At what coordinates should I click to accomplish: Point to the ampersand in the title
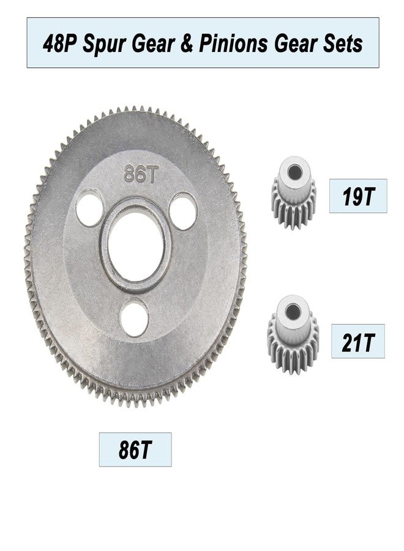pyautogui.click(x=187, y=44)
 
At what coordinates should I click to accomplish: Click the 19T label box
pyautogui.click(x=358, y=196)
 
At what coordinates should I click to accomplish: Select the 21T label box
pyautogui.click(x=358, y=341)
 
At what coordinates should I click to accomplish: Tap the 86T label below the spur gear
pyautogui.click(x=135, y=449)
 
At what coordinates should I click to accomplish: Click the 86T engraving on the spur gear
pyautogui.click(x=140, y=174)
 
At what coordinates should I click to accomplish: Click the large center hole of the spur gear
pyautogui.click(x=136, y=246)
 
